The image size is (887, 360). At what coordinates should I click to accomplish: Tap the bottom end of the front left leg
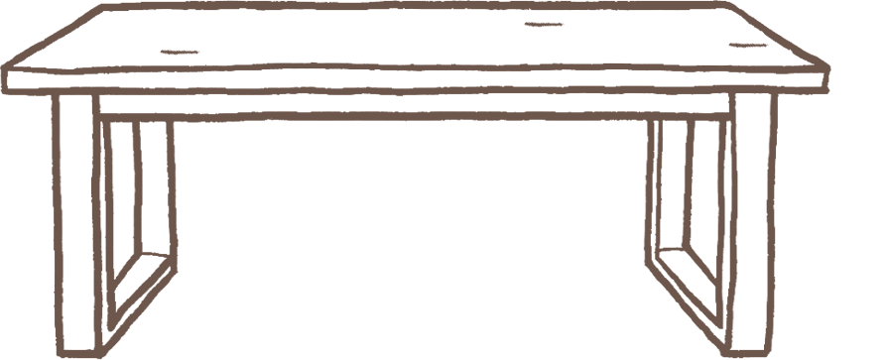81,350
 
